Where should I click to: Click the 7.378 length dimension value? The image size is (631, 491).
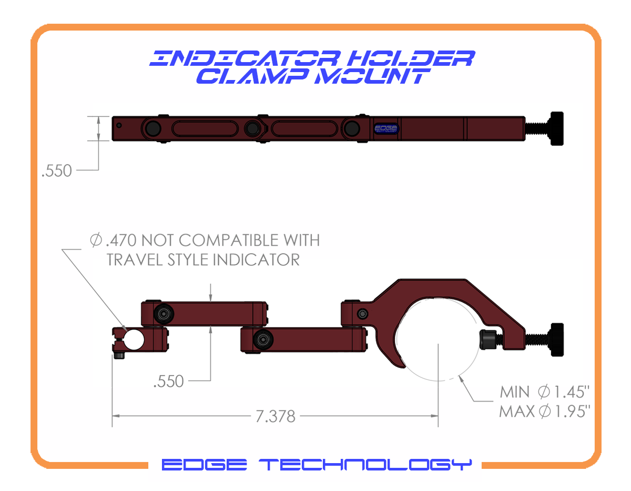276,416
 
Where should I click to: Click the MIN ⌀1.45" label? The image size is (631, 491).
545,392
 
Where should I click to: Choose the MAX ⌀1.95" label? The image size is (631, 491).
545,411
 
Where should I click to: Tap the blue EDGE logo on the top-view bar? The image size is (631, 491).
386,129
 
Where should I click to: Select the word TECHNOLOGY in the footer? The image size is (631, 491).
366,465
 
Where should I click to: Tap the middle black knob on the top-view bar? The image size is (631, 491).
253,128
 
